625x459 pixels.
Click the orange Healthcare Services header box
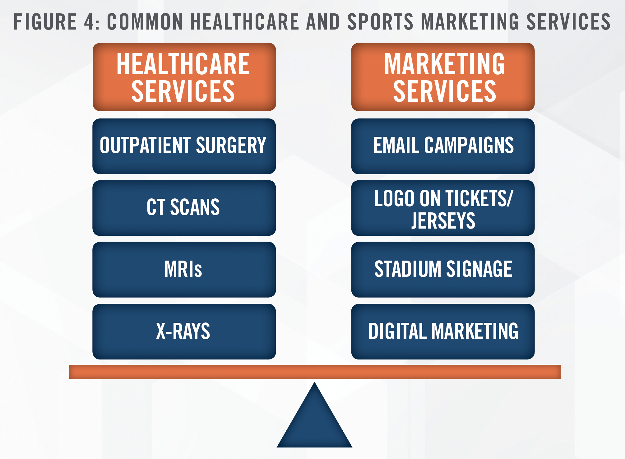(184, 77)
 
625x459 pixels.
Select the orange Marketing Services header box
(443, 77)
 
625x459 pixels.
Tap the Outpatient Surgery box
(184, 146)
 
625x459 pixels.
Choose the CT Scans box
(184, 208)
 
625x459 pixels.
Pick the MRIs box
(184, 270)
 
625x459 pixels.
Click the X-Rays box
(184, 331)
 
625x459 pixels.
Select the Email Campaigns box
(443, 146)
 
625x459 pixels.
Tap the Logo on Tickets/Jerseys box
(443, 208)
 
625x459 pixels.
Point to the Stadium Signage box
(443, 270)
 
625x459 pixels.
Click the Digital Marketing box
(443, 331)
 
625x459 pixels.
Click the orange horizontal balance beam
(315, 372)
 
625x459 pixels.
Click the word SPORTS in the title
(381, 22)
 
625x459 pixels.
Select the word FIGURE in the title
(45, 22)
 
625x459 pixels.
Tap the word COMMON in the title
(145, 22)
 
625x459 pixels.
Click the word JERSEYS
(443, 220)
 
